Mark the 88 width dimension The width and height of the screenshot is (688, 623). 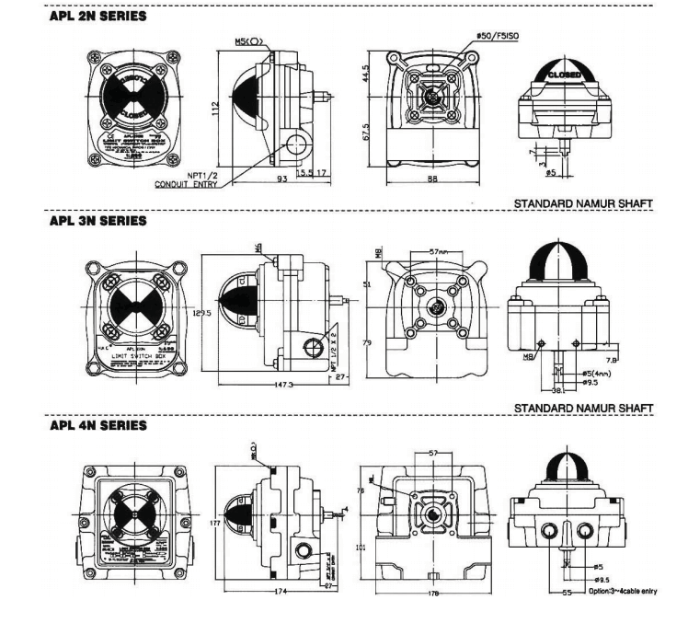[x=430, y=181]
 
